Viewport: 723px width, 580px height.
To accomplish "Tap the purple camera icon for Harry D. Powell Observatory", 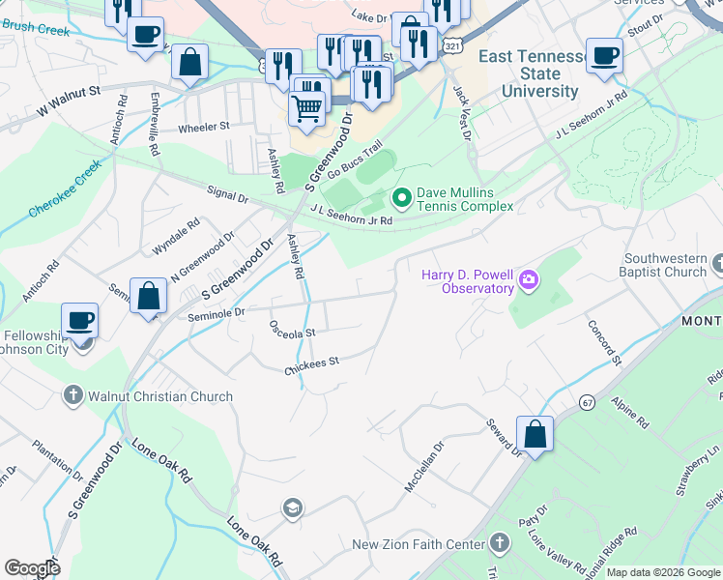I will [x=528, y=281].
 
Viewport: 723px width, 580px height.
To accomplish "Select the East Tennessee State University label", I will [x=532, y=74].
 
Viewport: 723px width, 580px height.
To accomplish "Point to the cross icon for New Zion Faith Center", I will [x=499, y=544].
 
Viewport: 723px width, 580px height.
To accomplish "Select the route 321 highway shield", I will [x=452, y=44].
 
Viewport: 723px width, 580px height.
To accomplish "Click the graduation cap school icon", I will [x=291, y=507].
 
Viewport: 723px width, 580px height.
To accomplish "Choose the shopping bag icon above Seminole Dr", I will [x=148, y=297].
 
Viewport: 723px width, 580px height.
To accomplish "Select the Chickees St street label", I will [x=312, y=364].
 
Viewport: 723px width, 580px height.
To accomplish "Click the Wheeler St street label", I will [x=203, y=127].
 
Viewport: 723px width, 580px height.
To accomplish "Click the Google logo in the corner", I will [x=33, y=568].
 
